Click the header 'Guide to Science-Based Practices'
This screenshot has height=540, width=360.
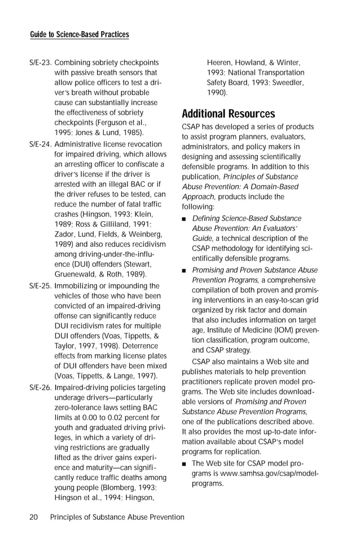[79, 34]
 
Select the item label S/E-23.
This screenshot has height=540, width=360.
[40, 62]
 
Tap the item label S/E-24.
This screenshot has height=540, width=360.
[40, 144]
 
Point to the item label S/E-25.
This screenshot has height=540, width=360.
[40, 286]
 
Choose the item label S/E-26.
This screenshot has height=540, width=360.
[40, 388]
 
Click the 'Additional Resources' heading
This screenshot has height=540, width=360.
[228, 113]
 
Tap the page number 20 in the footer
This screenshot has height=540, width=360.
[34, 517]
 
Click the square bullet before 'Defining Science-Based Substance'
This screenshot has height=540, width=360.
[184, 219]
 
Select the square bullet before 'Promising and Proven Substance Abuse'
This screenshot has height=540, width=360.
[184, 270]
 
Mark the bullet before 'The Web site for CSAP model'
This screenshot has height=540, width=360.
[184, 464]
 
